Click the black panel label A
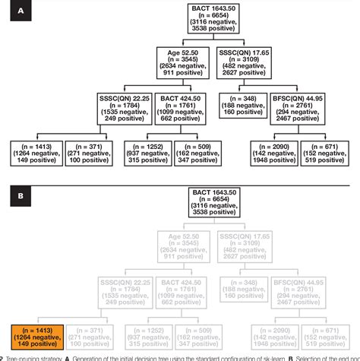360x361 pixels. click(x=14, y=11)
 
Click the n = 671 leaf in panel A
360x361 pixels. click(x=329, y=152)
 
